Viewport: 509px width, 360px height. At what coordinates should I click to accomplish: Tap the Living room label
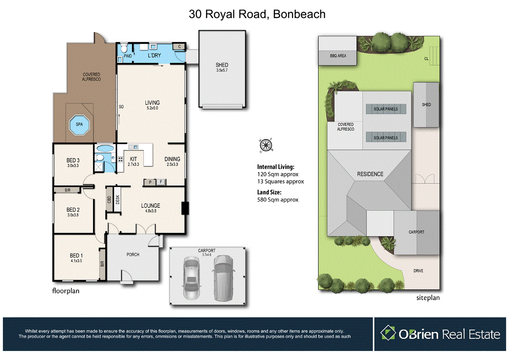tap(152, 105)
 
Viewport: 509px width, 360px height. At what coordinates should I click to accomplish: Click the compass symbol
tap(266, 145)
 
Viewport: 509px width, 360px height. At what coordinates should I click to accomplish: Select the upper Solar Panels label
tap(386, 109)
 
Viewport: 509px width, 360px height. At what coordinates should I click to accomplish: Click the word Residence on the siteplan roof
tap(370, 174)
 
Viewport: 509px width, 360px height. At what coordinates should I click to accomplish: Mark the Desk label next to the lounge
tap(118, 199)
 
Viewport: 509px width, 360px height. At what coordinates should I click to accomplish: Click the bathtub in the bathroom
tap(105, 148)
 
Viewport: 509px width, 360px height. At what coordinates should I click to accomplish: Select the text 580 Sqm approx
tap(278, 199)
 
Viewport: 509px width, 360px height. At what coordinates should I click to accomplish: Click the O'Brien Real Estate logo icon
tap(388, 333)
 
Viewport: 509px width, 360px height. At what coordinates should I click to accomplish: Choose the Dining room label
tap(172, 162)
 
